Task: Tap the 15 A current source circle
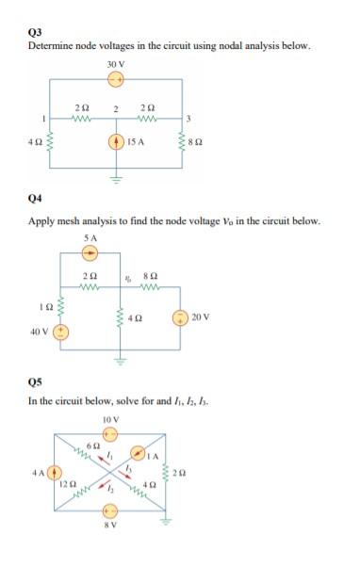(116, 143)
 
